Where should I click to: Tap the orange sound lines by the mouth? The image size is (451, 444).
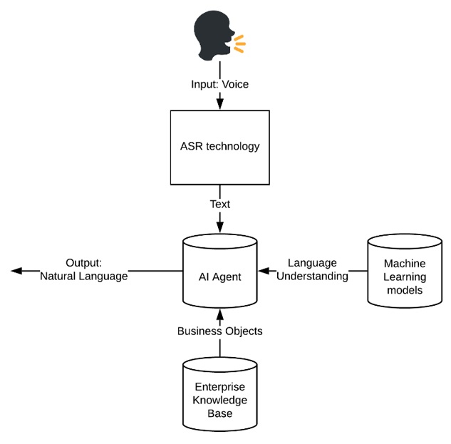coord(239,43)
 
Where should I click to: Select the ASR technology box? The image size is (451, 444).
coord(219,146)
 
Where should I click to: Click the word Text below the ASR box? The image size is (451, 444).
coord(219,205)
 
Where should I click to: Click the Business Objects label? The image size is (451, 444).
coord(219,331)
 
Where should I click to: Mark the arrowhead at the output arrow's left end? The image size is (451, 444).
coord(16,271)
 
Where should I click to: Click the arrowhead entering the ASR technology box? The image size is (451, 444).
coord(219,105)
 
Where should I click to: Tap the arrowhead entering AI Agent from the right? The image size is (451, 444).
coord(263,271)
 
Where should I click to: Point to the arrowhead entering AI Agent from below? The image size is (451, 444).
coord(219,314)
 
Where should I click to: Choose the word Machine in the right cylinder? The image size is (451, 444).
coord(404,264)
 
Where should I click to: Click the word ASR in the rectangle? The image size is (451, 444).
coord(192,147)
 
